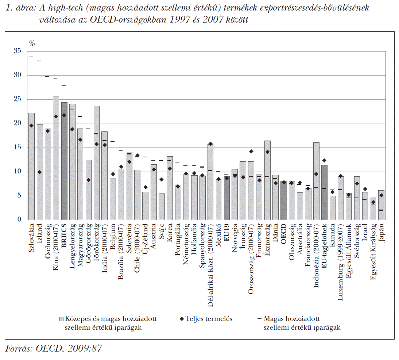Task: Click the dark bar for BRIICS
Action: pyautogui.click(x=64, y=161)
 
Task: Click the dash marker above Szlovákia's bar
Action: pyautogui.click(x=31, y=57)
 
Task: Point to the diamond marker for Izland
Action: pyautogui.click(x=39, y=172)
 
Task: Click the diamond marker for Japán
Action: pyautogui.click(x=381, y=195)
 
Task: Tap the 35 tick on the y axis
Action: pyautogui.click(x=17, y=51)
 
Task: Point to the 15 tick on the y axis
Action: pyautogui.click(x=17, y=148)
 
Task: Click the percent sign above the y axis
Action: pyautogui.click(x=32, y=43)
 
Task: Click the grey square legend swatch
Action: pyautogui.click(x=61, y=319)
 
